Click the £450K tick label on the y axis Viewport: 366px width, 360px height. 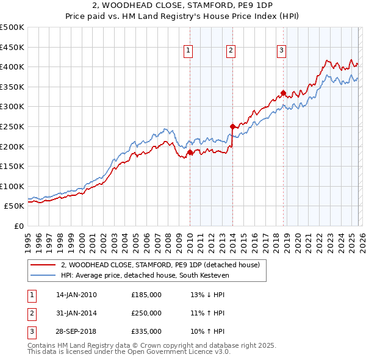[x=12, y=47]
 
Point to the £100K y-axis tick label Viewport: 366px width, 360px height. [x=12, y=186]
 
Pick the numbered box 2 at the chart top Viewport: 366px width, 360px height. [x=231, y=51]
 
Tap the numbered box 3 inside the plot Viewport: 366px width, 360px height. [x=281, y=51]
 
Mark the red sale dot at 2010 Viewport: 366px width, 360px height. [x=190, y=153]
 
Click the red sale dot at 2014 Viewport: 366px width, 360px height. [x=233, y=126]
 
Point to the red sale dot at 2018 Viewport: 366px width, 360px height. [x=284, y=93]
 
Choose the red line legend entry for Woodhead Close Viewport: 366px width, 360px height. [x=160, y=265]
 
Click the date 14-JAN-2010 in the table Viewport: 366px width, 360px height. [x=76, y=295]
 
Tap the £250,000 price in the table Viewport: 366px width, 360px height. [x=146, y=313]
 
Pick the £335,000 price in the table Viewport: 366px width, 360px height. [x=146, y=331]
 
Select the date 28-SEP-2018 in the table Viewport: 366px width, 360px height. [x=76, y=331]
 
